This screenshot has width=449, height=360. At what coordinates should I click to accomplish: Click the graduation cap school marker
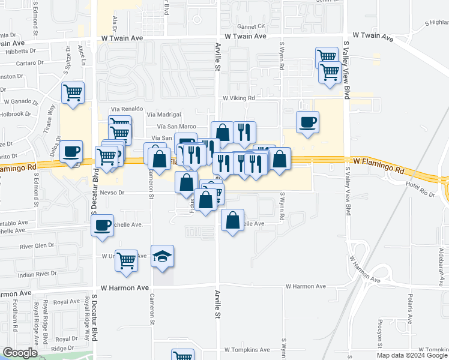(162, 256)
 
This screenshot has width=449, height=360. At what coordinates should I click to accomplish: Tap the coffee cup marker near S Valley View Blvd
(308, 122)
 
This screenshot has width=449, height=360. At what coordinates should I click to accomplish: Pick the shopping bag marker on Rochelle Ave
(233, 220)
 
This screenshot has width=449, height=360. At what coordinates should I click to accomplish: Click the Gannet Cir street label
(251, 27)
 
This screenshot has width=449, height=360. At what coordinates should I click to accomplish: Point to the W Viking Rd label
(239, 98)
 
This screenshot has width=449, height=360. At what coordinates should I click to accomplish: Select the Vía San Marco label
(176, 127)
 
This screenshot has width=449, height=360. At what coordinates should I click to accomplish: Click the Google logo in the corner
(20, 353)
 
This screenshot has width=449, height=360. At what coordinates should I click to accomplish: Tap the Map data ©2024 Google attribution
(412, 355)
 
